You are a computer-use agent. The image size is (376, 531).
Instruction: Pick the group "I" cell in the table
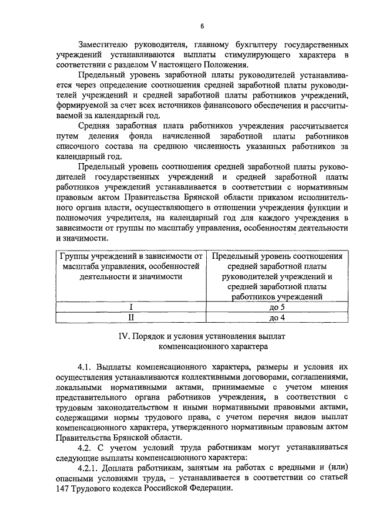[130, 307]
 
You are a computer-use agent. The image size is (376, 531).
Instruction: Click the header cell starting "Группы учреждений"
[130, 266]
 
